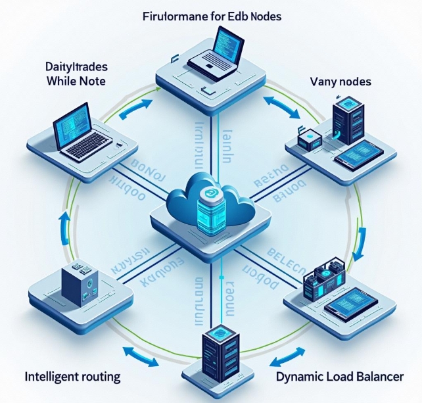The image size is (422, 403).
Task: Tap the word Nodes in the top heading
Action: point(264,15)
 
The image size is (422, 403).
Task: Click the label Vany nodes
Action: point(340,82)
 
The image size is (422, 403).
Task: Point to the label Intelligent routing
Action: point(72,377)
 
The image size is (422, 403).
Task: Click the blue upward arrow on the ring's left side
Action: point(63,224)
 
